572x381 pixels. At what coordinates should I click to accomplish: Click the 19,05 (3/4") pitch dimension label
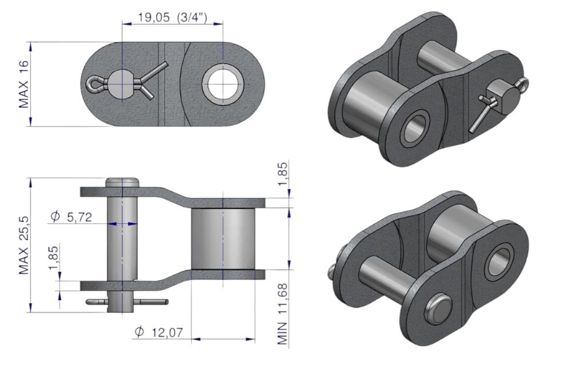click(172, 18)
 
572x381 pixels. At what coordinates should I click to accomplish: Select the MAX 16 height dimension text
click(23, 85)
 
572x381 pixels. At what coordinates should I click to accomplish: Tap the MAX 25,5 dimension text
click(23, 245)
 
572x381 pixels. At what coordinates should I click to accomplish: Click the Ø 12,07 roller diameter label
click(158, 332)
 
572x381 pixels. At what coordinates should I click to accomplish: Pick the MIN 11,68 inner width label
click(283, 314)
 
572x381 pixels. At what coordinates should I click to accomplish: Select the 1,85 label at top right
click(283, 174)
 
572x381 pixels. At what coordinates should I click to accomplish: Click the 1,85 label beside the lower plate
click(53, 258)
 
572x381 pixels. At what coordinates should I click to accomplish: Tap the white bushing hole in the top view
click(223, 84)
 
